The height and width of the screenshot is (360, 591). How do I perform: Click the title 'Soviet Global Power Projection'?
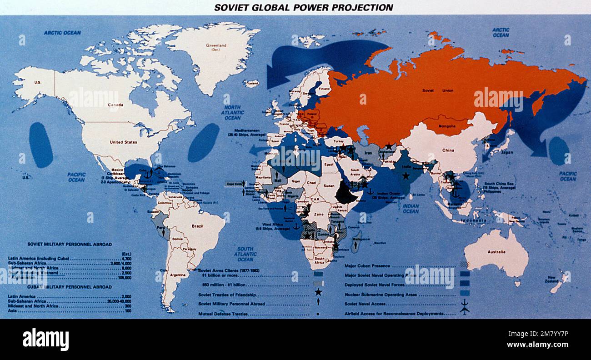pyautogui.click(x=304, y=8)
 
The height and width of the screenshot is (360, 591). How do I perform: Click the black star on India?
pyautogui.click(x=406, y=175)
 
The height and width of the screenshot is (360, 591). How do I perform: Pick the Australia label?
pyautogui.click(x=497, y=252)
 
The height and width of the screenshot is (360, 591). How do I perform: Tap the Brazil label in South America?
pyautogui.click(x=198, y=226)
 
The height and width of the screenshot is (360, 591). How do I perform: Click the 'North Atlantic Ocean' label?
pyautogui.click(x=232, y=112)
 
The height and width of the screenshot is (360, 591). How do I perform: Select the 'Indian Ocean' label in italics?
pyautogui.click(x=411, y=208)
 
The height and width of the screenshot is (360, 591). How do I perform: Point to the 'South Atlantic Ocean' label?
pyautogui.click(x=245, y=254)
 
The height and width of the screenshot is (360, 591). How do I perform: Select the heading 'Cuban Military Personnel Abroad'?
pyautogui.click(x=70, y=287)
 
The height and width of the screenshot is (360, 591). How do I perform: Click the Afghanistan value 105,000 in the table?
pyautogui.click(x=124, y=277)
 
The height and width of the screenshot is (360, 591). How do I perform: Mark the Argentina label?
pyautogui.click(x=178, y=275)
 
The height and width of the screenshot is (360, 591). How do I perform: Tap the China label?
pyautogui.click(x=447, y=150)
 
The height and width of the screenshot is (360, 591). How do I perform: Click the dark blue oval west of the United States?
pyautogui.click(x=41, y=145)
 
